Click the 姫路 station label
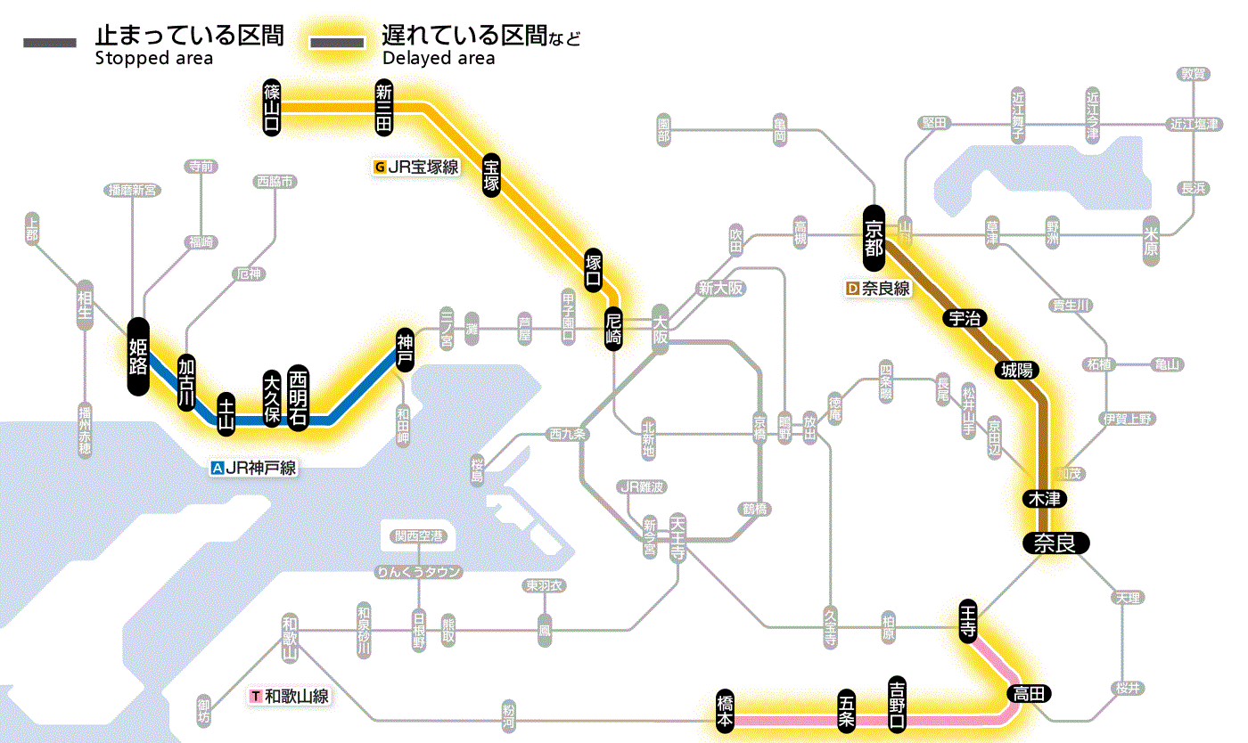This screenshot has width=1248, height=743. (138, 356)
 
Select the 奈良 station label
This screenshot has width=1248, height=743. (1055, 543)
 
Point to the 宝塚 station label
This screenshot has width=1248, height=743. (491, 175)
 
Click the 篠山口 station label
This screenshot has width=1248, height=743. (272, 107)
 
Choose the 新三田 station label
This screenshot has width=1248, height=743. (384, 107)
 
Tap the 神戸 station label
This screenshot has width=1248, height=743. (406, 350)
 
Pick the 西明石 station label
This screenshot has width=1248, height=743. (298, 397)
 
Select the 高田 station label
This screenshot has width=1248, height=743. (1029, 693)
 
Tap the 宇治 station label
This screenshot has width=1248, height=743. (965, 319)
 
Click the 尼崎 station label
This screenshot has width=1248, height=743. (612, 329)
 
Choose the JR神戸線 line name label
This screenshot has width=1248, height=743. (253, 467)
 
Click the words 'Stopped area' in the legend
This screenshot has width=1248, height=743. (154, 59)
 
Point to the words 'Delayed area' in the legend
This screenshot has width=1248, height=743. (439, 59)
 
